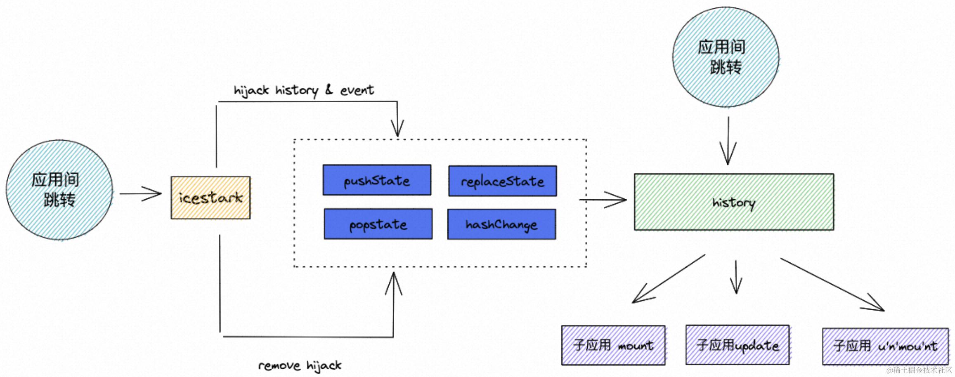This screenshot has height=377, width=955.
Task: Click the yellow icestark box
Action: pyautogui.click(x=210, y=198)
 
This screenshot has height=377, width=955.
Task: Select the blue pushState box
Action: pyautogui.click(x=377, y=180)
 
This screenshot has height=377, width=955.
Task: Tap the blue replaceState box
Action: pyautogui.click(x=502, y=181)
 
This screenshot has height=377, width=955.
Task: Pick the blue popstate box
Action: pyautogui.click(x=378, y=224)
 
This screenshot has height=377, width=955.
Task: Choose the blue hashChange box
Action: pyautogui.click(x=501, y=224)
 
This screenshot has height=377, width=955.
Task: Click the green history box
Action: pyautogui.click(x=733, y=202)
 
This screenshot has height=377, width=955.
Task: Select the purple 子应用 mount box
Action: pyautogui.click(x=613, y=345)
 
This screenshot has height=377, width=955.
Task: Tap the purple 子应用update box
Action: pyautogui.click(x=737, y=345)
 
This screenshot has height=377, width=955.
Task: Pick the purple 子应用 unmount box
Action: pyautogui.click(x=885, y=346)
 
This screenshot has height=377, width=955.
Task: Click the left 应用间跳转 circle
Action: pyautogui.click(x=59, y=190)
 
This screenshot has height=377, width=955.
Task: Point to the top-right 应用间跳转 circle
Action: pyautogui.click(x=725, y=57)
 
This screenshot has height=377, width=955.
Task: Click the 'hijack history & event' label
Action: pyautogui.click(x=303, y=90)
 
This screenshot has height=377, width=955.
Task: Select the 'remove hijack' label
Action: pyautogui.click(x=300, y=365)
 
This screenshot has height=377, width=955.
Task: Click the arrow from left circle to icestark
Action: pyautogui.click(x=140, y=193)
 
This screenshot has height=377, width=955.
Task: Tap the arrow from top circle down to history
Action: pyautogui.click(x=728, y=140)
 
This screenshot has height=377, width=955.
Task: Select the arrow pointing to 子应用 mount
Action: pyautogui.click(x=669, y=278)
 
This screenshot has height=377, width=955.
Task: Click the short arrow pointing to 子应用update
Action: pyautogui.click(x=736, y=277)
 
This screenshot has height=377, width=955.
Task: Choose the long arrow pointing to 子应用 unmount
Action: pyautogui.click(x=832, y=285)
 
